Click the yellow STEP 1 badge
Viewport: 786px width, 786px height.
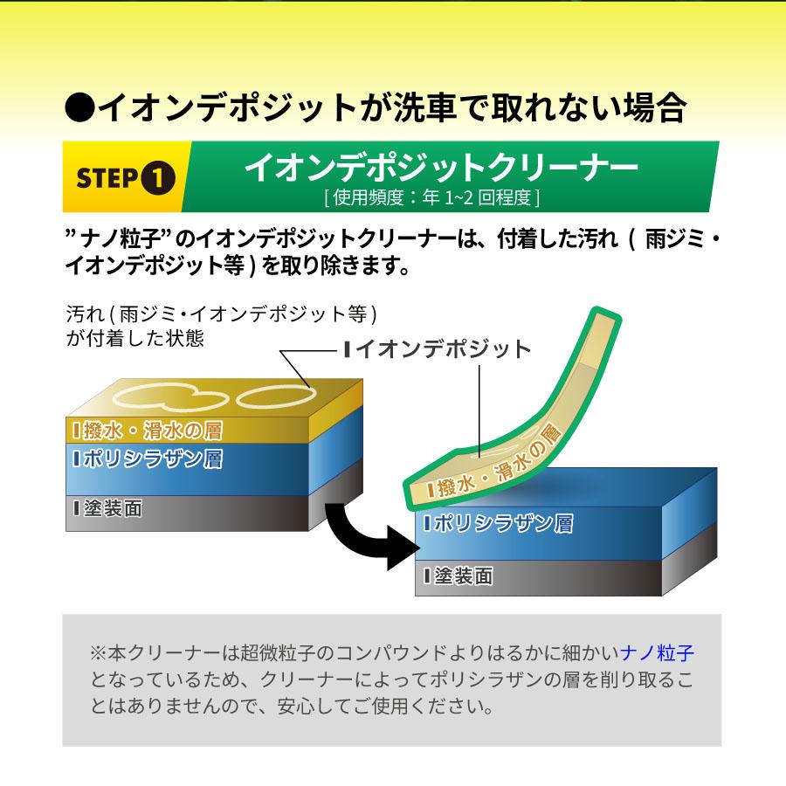[122, 177]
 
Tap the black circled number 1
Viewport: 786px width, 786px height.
[158, 178]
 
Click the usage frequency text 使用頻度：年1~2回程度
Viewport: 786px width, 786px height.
[431, 197]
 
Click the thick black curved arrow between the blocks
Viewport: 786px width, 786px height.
[358, 533]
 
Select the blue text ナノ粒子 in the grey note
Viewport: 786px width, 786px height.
[657, 652]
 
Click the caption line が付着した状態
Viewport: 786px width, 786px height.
[135, 338]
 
